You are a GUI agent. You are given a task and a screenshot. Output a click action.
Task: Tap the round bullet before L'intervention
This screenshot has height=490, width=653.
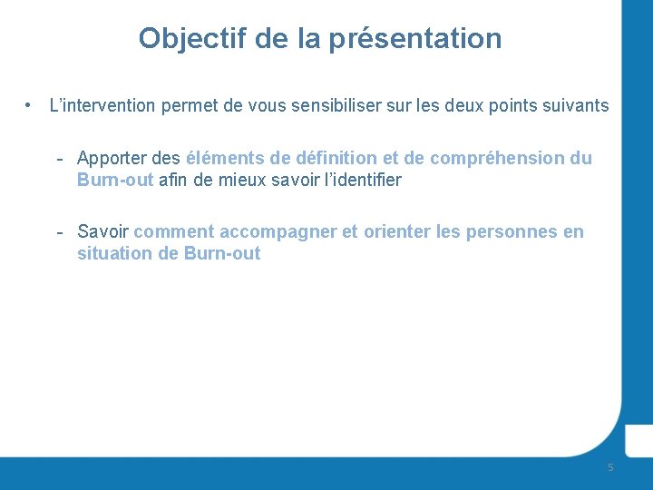point(30,106)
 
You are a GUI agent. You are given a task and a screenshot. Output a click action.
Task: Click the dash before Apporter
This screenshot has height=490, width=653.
point(59,159)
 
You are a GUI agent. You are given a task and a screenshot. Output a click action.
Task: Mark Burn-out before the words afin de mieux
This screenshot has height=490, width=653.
point(115,180)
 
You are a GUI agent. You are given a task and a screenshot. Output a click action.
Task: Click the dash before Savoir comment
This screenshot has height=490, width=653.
point(59,232)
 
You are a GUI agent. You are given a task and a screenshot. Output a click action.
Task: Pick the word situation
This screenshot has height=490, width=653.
point(115,253)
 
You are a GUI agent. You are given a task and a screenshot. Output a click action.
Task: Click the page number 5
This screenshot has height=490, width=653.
point(610,467)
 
